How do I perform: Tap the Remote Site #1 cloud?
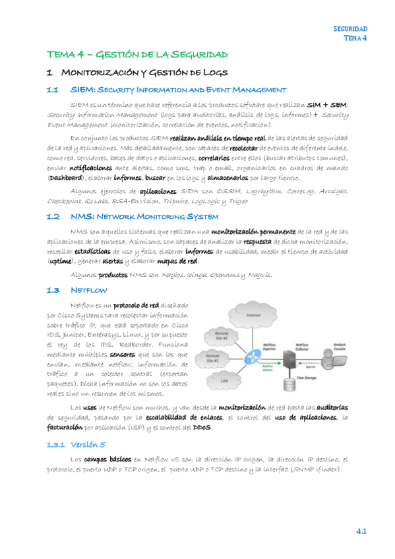coord(212,360)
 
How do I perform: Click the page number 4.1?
coord(361,531)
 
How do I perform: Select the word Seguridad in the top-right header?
coord(350,29)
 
